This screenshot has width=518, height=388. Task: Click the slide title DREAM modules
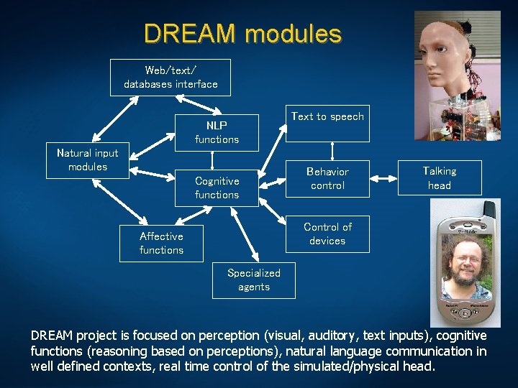[242, 34]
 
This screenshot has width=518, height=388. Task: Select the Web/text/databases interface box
[171, 77]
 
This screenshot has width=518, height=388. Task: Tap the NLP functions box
[217, 132]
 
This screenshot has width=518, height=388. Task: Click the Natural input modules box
[88, 160]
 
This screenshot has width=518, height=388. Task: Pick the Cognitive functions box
[217, 188]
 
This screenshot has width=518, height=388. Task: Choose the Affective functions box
[161, 243]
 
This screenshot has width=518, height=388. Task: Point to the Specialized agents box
[253, 280]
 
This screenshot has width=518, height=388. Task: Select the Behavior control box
[327, 178]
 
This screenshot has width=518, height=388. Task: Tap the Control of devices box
[327, 234]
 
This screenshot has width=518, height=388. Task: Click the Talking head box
[439, 177]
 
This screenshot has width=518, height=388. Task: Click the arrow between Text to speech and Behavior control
[332, 150]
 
